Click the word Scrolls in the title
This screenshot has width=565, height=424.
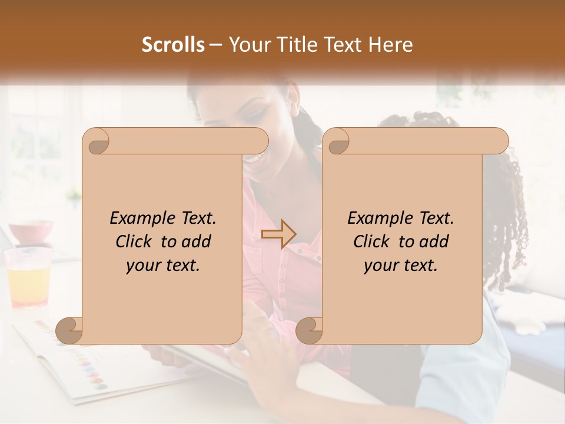click(x=173, y=45)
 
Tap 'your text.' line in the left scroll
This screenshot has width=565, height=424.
click(x=163, y=265)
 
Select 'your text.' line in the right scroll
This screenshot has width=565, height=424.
click(x=401, y=265)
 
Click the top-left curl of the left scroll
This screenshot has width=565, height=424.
click(x=97, y=141)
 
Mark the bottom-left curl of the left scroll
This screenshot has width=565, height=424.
click(x=69, y=330)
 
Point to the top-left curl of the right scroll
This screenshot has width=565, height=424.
click(x=337, y=141)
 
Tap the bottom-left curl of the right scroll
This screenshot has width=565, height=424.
click(x=308, y=330)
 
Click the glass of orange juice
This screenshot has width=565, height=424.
click(x=27, y=277)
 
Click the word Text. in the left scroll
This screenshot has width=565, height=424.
click(x=197, y=218)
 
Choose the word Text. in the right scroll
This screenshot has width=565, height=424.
click(x=434, y=218)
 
